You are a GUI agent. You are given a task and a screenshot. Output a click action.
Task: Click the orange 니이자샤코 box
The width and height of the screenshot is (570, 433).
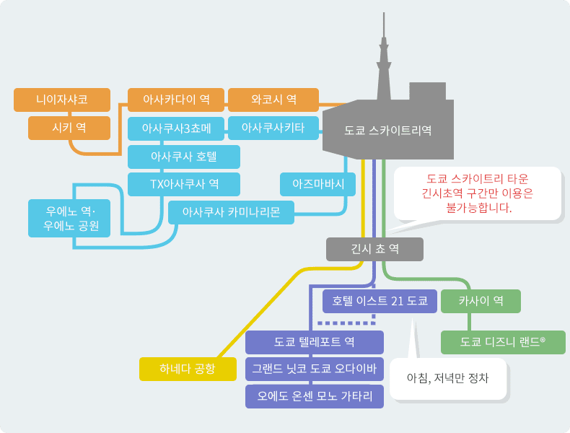[62, 100]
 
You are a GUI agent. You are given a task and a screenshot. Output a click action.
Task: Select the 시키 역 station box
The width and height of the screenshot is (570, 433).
[69, 128]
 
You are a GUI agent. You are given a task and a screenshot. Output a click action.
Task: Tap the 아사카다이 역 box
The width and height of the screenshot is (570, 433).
[176, 100]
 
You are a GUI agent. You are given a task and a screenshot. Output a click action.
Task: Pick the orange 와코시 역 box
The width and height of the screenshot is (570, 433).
[273, 100]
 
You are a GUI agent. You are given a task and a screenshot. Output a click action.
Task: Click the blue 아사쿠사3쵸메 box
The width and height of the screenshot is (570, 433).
[176, 128]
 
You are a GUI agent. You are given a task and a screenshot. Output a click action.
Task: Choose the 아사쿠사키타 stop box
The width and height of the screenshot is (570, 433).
[273, 128]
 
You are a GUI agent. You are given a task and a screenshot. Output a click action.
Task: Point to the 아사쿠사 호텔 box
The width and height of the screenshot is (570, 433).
[184, 157]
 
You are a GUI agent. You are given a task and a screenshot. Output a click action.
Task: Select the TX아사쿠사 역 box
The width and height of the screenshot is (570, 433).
[184, 184]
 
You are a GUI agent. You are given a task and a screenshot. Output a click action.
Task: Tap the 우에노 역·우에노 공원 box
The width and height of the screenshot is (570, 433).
[69, 218]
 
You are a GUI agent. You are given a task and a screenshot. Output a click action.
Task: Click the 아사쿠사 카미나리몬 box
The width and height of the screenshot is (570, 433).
[231, 212]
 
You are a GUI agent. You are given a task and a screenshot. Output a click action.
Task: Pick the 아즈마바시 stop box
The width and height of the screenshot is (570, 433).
[317, 184]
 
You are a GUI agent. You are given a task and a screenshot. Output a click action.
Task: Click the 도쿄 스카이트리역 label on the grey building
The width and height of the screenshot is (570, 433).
[388, 131]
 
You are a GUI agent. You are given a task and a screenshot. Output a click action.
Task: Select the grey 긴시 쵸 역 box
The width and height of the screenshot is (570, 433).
[374, 250]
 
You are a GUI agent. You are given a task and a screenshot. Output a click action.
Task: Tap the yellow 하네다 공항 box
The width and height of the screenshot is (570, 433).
[188, 369]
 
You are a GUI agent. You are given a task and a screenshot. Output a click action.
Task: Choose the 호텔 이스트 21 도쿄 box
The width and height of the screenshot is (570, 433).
[380, 301]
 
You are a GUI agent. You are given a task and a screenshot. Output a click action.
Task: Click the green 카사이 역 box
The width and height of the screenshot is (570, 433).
[481, 301]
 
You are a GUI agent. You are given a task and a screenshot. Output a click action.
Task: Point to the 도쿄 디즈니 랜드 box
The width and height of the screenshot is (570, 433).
[503, 342]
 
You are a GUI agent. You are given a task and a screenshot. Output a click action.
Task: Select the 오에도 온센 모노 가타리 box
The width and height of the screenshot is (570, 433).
[315, 396]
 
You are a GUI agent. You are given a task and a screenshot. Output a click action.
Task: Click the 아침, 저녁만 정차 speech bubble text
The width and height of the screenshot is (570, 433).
[447, 378]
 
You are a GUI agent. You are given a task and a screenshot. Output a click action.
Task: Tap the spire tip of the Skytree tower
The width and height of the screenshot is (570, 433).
[384, 13]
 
